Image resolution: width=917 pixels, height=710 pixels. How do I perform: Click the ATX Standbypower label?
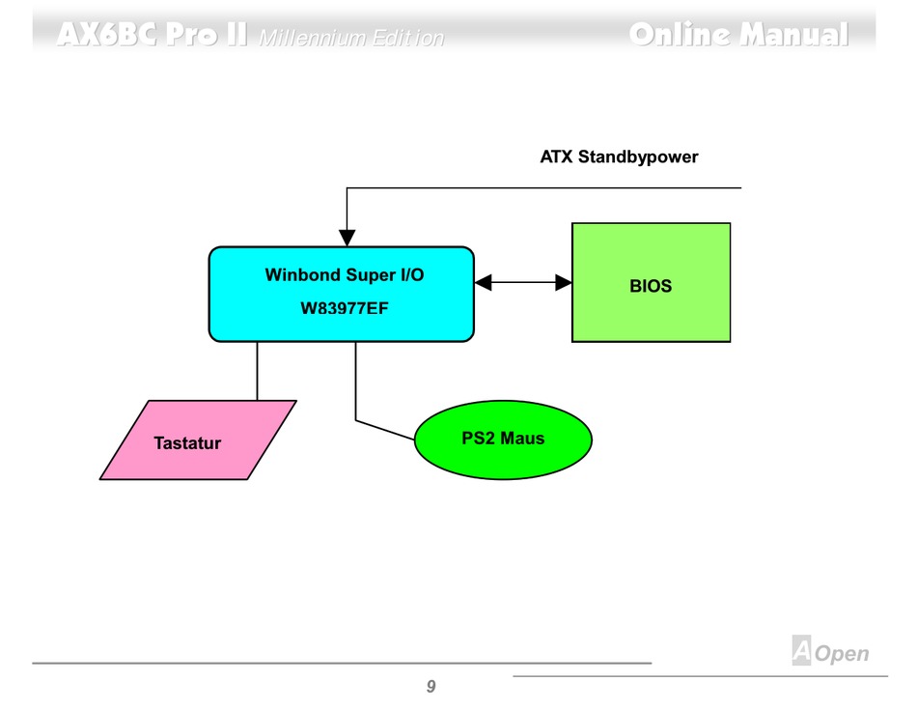[x=619, y=156]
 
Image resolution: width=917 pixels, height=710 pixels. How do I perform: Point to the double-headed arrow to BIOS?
[x=523, y=282]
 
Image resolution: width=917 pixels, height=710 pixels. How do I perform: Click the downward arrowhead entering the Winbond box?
[x=347, y=238]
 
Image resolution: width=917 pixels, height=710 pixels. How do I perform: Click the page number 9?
[x=431, y=687]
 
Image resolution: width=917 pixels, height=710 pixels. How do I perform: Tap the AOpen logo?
[x=830, y=653]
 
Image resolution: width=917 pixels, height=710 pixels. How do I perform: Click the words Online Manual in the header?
[x=738, y=36]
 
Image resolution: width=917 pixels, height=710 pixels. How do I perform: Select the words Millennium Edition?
[x=352, y=39]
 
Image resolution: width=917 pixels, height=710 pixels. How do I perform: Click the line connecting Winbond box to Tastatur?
[x=258, y=371]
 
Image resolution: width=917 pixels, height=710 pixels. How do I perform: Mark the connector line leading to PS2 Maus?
[x=356, y=386]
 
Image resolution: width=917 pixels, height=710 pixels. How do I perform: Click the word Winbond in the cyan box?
[x=302, y=275]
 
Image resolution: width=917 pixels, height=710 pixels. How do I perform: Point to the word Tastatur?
[x=187, y=444]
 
